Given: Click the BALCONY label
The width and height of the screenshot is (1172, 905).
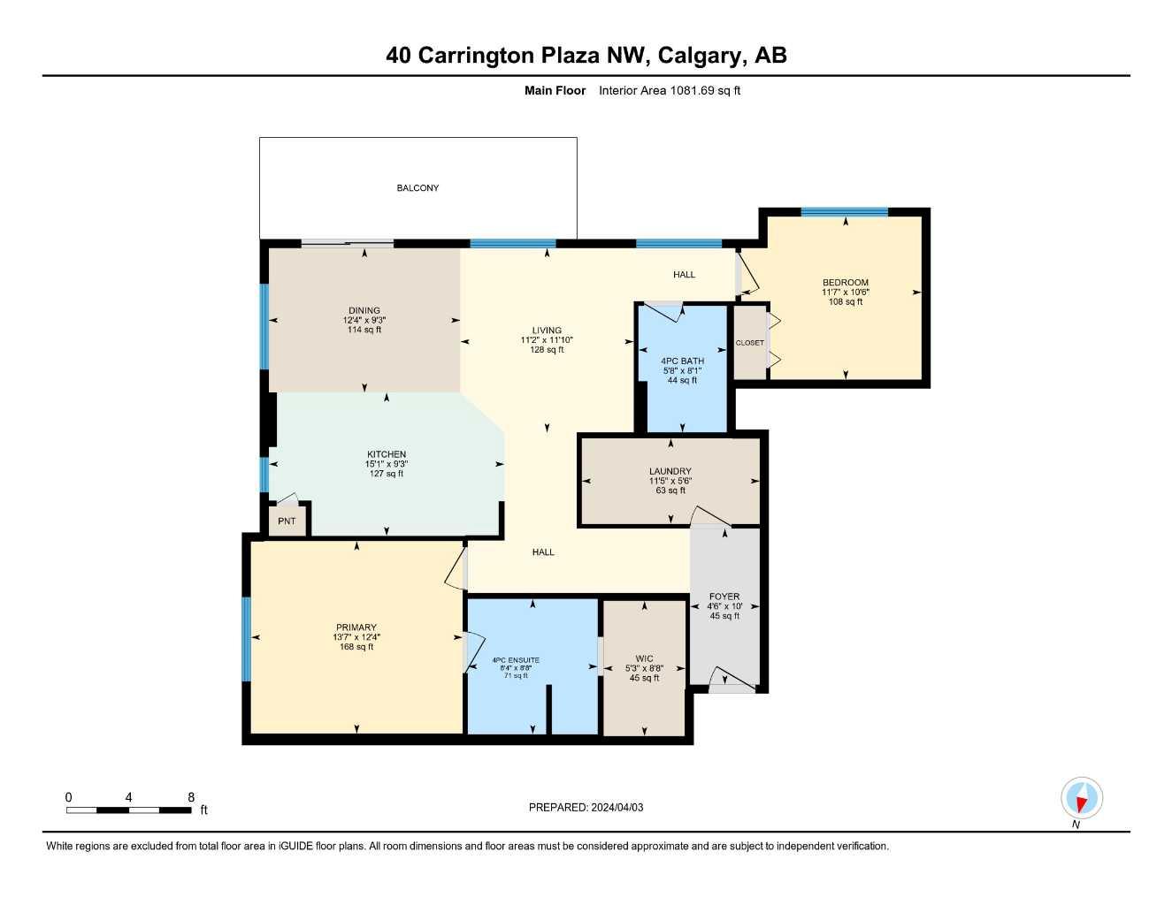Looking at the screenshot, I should (417, 188).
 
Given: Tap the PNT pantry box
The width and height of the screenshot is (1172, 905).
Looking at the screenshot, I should (287, 521).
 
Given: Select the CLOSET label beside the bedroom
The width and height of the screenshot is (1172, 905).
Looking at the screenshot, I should (749, 343).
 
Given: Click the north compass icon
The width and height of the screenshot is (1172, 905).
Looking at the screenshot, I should (1081, 798).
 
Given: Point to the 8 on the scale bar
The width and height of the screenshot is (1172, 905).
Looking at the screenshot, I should (191, 797).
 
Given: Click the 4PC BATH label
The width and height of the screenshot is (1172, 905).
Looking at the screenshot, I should (683, 361).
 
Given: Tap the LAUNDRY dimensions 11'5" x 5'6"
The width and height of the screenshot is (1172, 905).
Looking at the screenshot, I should (670, 482).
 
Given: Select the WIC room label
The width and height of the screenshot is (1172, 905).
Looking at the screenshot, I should (644, 658).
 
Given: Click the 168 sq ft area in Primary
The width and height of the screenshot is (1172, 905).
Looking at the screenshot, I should (356, 647).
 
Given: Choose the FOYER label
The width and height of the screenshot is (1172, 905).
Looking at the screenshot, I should (724, 597).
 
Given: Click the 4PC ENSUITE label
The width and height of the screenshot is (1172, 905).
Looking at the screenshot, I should (516, 660).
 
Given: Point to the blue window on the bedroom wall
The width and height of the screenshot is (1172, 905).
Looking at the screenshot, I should (844, 212).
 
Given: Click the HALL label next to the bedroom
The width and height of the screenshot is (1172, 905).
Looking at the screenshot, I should (684, 275).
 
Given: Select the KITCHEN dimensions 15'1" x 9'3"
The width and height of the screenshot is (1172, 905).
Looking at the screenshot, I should (387, 464).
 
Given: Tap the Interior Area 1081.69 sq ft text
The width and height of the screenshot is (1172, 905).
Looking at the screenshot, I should (670, 90).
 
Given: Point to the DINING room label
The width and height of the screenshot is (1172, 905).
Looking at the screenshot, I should (364, 311).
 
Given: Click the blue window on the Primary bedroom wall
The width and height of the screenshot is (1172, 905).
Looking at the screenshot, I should (247, 639).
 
